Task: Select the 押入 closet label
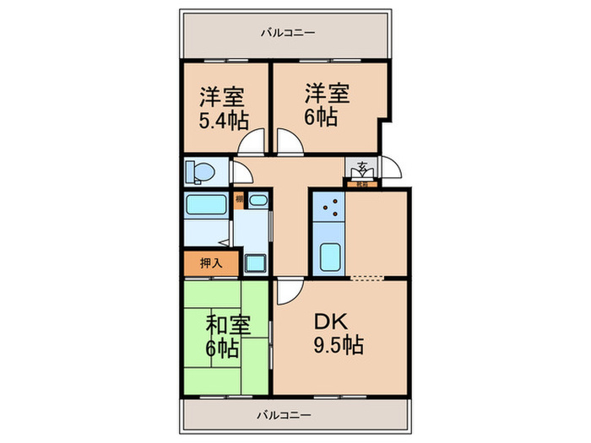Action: pyautogui.click(x=211, y=263)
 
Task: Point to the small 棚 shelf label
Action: pyautogui.click(x=240, y=201)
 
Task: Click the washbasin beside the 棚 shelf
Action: pyautogui.click(x=258, y=202)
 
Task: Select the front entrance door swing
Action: pyautogui.click(x=390, y=167)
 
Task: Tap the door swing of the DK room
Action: pyautogui.click(x=289, y=293)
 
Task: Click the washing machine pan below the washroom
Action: pyautogui.click(x=254, y=262)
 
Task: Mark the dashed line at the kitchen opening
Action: pyautogui.click(x=367, y=278)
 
